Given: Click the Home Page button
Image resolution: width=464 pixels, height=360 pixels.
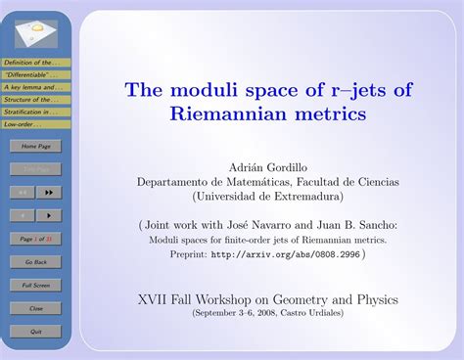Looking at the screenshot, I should (x=36, y=146).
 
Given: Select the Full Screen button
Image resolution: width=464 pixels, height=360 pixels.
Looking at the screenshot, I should (x=36, y=285).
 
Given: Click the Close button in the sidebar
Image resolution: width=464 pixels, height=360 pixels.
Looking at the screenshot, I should (x=36, y=308).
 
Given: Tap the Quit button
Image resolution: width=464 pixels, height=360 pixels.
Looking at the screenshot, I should (x=36, y=332).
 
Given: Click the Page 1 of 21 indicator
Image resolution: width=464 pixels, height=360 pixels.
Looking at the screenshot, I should (x=36, y=239).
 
